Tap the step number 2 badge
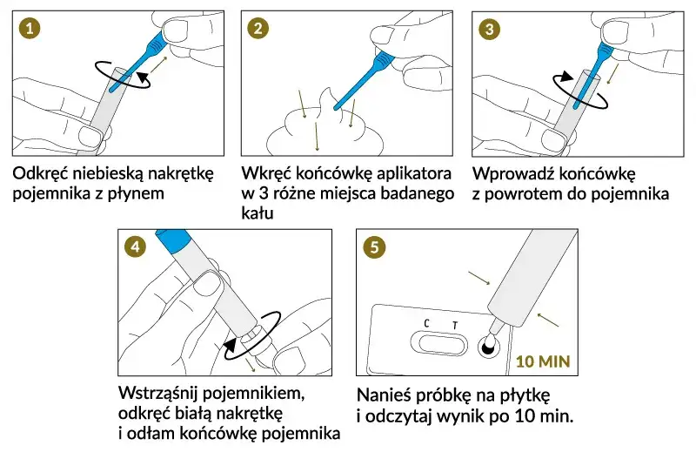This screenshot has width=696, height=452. click(x=258, y=28)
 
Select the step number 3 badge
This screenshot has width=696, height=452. click(x=490, y=28)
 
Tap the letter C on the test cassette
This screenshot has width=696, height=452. click(x=426, y=324)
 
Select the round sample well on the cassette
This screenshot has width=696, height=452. click(x=486, y=349)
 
